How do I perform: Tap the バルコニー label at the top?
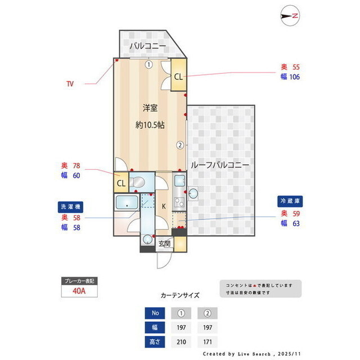pos(147,46)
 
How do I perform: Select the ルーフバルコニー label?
pos(220,165)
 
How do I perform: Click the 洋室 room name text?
pos(149,107)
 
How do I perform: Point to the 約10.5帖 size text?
pos(150,125)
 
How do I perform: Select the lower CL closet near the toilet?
pos(121,183)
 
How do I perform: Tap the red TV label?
pos(70,84)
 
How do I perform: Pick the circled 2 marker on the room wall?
pos(180,145)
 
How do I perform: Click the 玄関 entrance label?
pos(164,243)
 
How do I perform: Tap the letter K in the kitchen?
pos(164,206)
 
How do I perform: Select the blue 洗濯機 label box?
pos(71,206)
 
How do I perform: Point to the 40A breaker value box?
pos(79,291)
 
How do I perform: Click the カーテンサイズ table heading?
pos(180,294)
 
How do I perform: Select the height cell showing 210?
pos(181,341)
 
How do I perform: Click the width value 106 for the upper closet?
pos(294,77)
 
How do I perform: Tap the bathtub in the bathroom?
pos(127,204)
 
